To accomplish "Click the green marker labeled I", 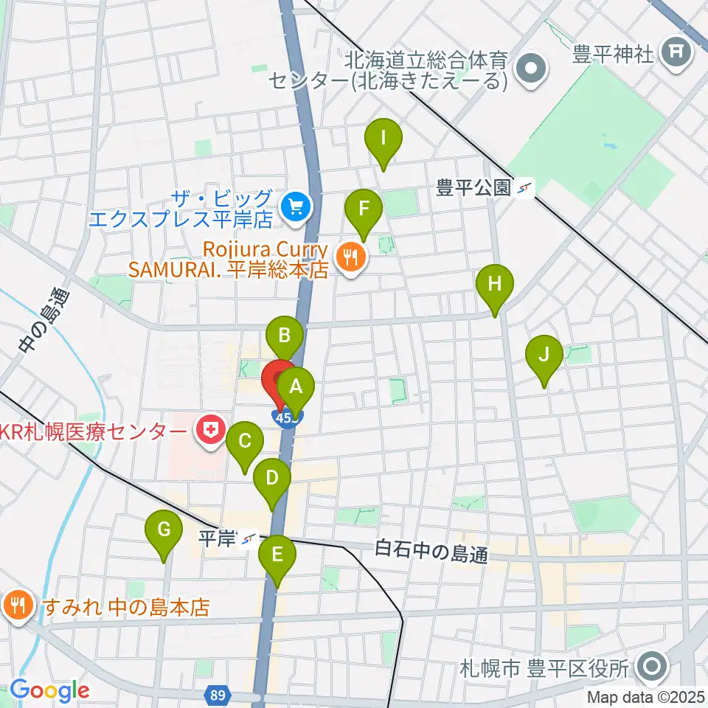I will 383,139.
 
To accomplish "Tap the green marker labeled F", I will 363,209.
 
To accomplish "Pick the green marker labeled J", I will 544,356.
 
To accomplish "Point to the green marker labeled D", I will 272,479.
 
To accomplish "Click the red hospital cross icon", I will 211,431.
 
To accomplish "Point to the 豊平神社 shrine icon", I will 675,52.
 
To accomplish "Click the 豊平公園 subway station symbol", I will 525,188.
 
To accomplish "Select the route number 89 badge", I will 221,695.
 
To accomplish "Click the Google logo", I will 49,690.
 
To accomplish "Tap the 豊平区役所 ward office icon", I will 652,668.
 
